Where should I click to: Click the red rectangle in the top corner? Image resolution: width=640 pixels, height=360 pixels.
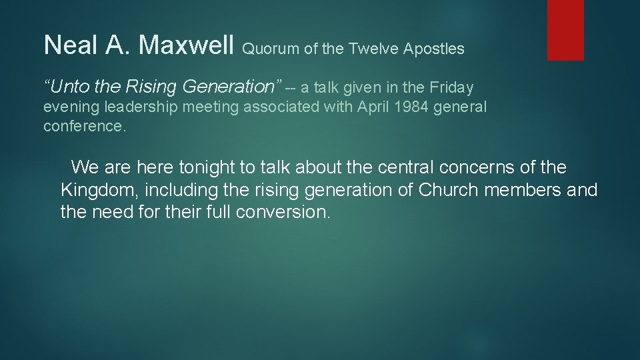565,30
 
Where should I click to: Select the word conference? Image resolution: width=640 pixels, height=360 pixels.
84,126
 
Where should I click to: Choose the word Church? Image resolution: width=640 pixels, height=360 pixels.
448,190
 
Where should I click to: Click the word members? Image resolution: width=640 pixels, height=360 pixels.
523,190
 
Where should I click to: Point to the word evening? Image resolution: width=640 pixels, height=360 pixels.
70,107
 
